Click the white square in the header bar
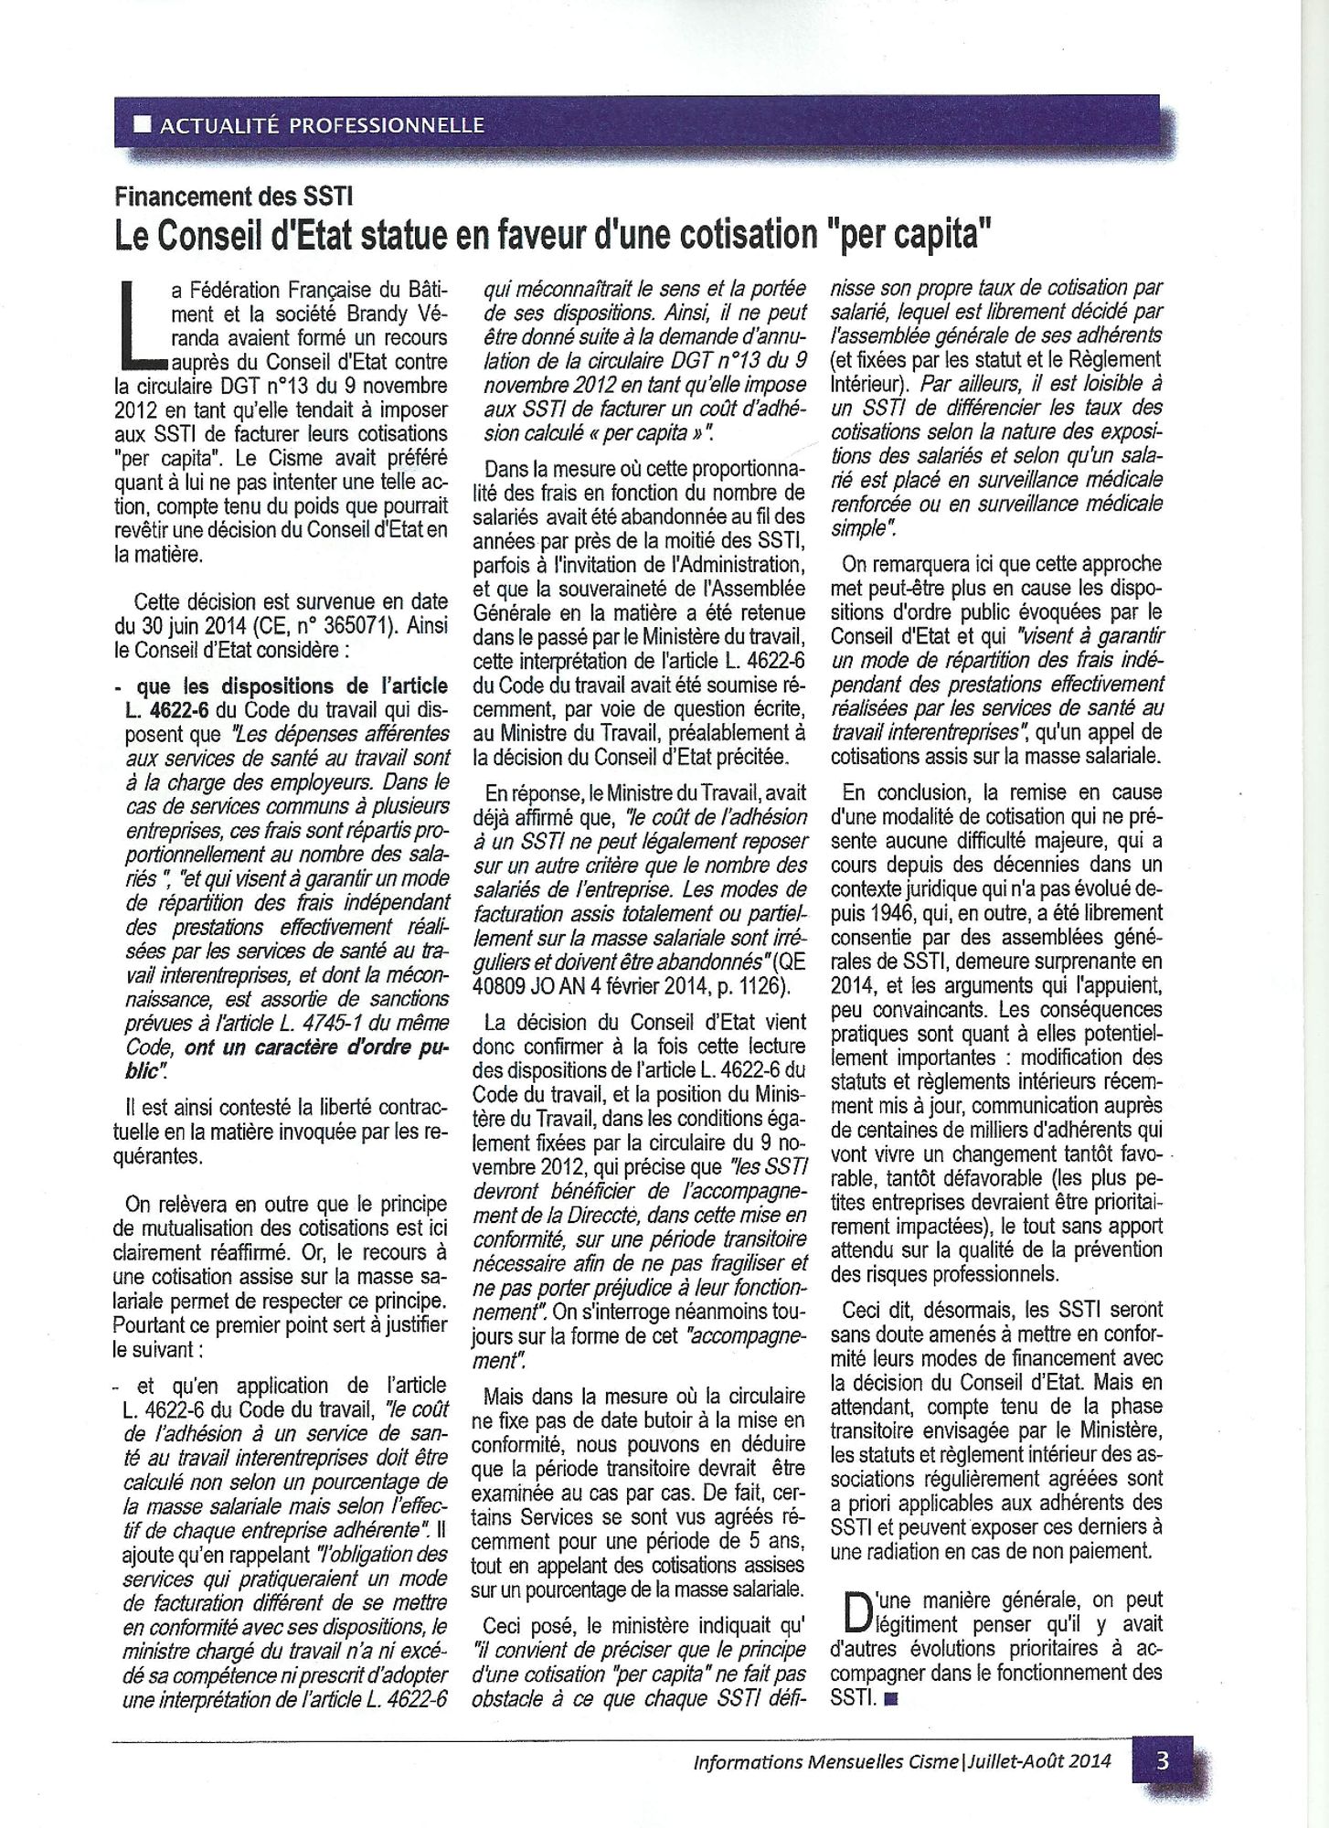tap(142, 124)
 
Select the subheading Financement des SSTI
tap(232, 196)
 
